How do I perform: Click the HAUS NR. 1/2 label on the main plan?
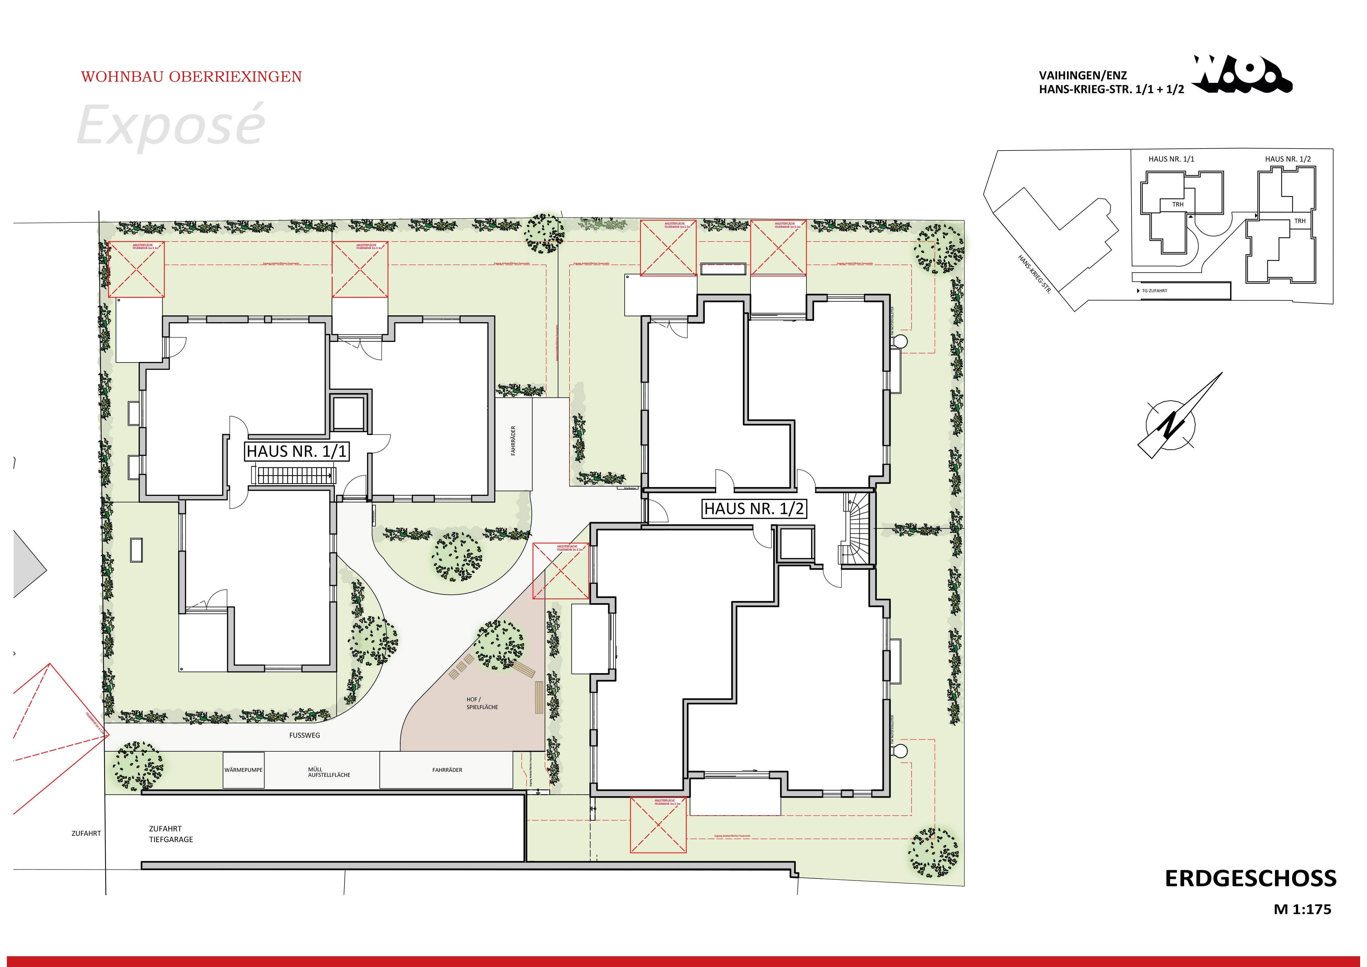click(754, 509)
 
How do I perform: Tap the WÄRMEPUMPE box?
click(244, 770)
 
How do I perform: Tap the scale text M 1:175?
click(1302, 909)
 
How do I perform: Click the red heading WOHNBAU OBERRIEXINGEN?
click(191, 77)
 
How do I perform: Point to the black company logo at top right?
click(1241, 76)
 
